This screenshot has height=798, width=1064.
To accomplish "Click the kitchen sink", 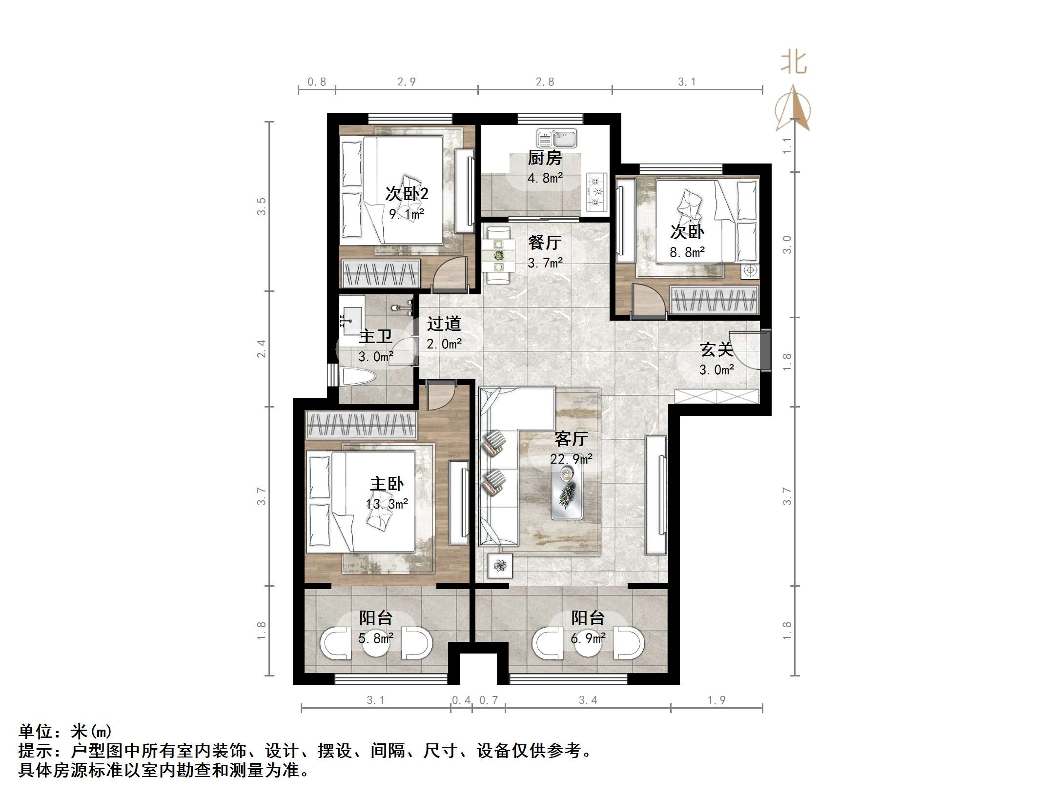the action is [x=556, y=138].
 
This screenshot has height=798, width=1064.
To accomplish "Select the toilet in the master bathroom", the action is [x=359, y=377].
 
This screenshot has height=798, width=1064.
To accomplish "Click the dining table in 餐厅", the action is [x=499, y=255].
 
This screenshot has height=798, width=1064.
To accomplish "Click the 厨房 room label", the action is [x=545, y=158].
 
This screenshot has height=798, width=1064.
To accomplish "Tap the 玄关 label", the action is [x=716, y=349].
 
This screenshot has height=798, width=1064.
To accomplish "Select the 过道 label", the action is [x=444, y=324].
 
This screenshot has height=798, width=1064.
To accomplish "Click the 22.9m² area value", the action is [x=571, y=459].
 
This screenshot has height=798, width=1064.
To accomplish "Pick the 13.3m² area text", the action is [x=387, y=503].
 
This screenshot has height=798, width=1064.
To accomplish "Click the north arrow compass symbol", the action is [x=793, y=108].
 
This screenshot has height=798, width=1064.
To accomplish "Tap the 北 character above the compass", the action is [x=794, y=63].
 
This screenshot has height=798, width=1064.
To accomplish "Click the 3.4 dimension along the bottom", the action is [x=588, y=700].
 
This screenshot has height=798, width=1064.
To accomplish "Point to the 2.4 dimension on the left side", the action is [x=262, y=349].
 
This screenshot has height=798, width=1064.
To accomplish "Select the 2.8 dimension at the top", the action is [x=545, y=82].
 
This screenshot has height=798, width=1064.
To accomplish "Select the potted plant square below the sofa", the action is [x=500, y=566].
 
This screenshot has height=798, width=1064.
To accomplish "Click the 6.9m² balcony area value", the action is [x=588, y=638].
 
